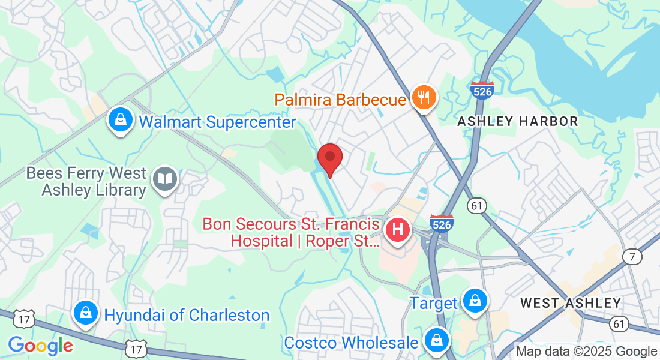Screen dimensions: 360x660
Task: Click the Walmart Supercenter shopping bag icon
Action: pos(121,119)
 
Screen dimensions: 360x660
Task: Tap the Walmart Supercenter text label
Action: pos(217,122)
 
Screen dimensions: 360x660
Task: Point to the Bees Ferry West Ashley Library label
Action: pos(87,182)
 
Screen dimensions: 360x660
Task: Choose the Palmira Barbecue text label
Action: pos(341,99)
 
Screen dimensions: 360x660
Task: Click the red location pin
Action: pos(329,157)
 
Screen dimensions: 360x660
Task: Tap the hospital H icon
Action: pos(397,229)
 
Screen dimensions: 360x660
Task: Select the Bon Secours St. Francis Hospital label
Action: pos(291,233)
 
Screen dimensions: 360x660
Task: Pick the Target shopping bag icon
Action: pos(475,300)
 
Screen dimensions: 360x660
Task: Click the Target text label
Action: pos(433,303)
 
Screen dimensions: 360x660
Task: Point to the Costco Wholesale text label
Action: pos(351,343)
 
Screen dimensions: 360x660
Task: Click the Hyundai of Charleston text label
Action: pos(187,315)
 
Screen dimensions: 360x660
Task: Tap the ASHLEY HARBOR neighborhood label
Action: pos(517,121)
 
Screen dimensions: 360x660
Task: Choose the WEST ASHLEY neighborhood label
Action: pos(570,303)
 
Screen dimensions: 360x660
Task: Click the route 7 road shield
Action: pos(632,257)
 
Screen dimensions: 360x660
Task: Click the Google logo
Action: pos(40,346)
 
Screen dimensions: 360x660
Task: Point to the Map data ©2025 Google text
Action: pos(586,352)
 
